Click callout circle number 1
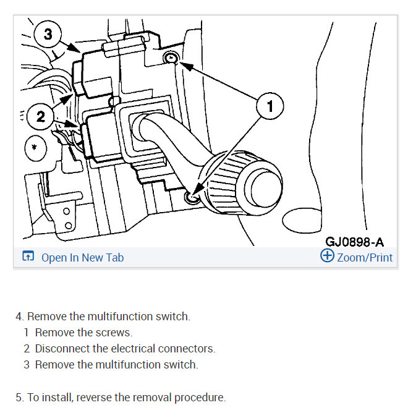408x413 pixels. pyautogui.click(x=270, y=106)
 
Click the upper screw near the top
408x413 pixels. pyautogui.click(x=171, y=58)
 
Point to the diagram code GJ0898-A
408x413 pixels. pyautogui.click(x=358, y=241)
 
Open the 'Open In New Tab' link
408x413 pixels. pyautogui.click(x=82, y=258)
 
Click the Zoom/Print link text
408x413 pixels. pyautogui.click(x=365, y=258)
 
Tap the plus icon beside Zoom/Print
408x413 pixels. pyautogui.click(x=327, y=257)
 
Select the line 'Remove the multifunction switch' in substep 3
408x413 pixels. pyautogui.click(x=116, y=365)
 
